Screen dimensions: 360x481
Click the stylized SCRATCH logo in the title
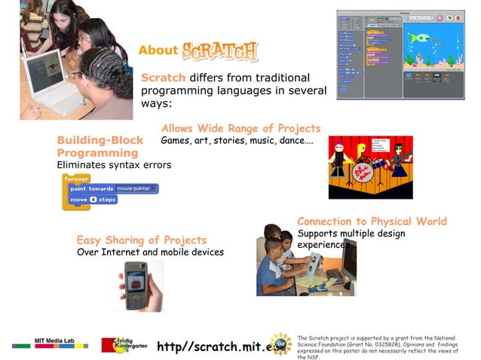219,51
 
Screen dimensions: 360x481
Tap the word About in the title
158,51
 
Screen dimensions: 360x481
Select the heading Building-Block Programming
100,146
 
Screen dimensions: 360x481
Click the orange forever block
77,178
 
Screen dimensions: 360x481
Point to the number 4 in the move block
93,200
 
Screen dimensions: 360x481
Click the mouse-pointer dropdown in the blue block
136,188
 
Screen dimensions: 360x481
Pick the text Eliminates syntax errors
114,165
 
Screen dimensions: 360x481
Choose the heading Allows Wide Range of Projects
240,128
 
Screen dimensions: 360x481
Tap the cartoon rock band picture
370,167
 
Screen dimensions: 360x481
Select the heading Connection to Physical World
372,221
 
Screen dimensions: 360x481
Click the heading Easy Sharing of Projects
141,240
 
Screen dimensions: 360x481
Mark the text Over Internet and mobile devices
150,252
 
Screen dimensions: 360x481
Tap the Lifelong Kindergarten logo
124,344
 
